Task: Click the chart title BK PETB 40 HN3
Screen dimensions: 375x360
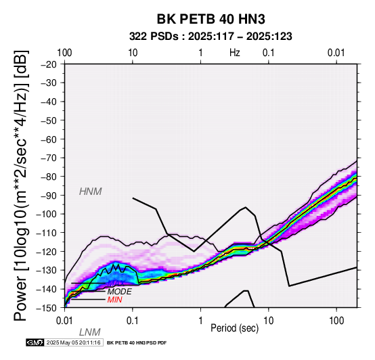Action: point(211,19)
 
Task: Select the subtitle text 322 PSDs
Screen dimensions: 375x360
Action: point(154,37)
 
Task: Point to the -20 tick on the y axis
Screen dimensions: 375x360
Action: point(49,64)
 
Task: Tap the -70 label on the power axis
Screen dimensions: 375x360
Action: point(49,158)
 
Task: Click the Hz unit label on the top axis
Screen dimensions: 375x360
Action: point(235,53)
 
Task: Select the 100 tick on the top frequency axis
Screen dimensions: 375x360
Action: point(64,53)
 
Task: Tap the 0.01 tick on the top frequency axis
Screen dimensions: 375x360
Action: point(336,53)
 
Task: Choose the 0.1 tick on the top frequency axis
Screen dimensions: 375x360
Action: point(268,53)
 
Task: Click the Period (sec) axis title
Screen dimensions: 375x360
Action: point(235,328)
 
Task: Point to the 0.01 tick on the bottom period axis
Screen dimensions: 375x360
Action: point(64,321)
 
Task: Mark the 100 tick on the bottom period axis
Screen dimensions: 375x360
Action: point(336,321)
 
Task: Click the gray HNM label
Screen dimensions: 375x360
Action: point(91,192)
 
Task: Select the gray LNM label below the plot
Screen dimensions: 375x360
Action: point(89,332)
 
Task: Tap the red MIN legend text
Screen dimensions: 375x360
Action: point(115,300)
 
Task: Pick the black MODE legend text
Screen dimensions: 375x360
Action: point(120,292)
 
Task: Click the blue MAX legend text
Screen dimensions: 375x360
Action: point(116,284)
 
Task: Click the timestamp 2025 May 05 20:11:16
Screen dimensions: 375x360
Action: point(73,342)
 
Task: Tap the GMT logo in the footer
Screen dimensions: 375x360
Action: point(35,342)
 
